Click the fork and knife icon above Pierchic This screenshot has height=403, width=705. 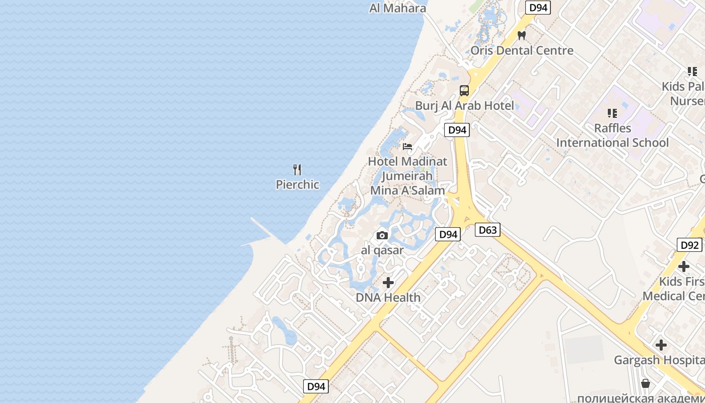[x=297, y=170]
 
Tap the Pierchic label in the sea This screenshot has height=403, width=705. [x=297, y=184]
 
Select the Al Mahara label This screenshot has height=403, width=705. [x=397, y=8]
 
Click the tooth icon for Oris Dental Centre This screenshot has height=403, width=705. [x=522, y=36]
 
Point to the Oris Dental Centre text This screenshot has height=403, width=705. [x=522, y=50]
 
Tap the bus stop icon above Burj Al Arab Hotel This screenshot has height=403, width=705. [x=464, y=91]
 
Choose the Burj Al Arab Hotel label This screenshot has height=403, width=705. [x=464, y=105]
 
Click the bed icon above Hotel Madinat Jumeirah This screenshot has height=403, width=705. [x=407, y=147]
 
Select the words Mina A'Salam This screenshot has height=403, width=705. [x=407, y=190]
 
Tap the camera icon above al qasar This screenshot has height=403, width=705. [x=382, y=235]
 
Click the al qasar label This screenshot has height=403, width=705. [x=382, y=250]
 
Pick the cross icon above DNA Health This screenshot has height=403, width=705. [x=388, y=283]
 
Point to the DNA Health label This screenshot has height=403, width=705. [x=388, y=297]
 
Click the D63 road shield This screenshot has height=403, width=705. [x=487, y=230]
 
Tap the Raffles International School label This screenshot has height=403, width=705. [x=612, y=136]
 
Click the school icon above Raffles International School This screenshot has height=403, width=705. [x=612, y=113]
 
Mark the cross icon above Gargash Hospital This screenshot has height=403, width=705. [x=661, y=345]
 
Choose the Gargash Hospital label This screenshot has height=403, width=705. [x=659, y=360]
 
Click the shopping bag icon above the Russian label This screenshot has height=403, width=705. [x=646, y=384]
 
